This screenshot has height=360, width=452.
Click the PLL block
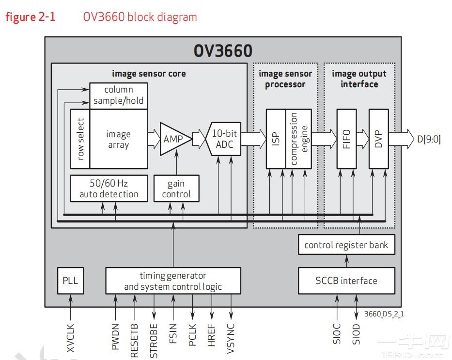[x=70, y=280]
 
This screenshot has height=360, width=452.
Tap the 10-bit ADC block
[x=224, y=139]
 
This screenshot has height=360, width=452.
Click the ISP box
[x=276, y=139]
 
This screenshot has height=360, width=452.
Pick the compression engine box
[x=298, y=139]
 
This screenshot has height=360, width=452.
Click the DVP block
[x=378, y=139]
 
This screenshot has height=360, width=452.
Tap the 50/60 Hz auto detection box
[x=109, y=189]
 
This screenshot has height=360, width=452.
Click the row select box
[x=80, y=139]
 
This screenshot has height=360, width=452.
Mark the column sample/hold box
[x=119, y=95]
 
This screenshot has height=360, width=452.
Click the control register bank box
[x=346, y=245]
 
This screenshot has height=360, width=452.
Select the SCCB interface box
[x=346, y=280]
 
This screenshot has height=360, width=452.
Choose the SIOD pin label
[x=357, y=334]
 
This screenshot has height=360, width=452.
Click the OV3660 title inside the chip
[x=223, y=51]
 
